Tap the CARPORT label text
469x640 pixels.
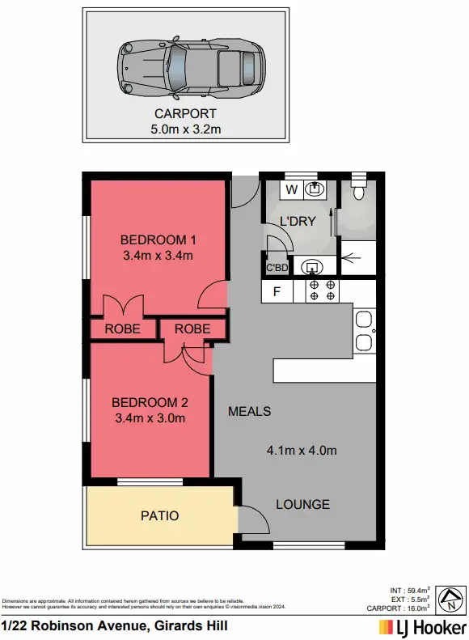point(185,114)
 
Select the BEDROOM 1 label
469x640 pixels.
point(158,239)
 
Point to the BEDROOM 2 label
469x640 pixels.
point(150,402)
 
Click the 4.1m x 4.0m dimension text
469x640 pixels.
point(302,450)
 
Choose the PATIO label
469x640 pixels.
point(159,515)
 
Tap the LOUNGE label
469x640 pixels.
point(302,504)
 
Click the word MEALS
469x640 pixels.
point(249,411)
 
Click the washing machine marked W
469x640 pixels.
point(291,190)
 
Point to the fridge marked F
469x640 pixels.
point(277,292)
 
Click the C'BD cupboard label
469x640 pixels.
point(277,267)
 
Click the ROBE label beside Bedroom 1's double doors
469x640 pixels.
point(123,329)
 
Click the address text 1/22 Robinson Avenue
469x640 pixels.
point(114,626)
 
